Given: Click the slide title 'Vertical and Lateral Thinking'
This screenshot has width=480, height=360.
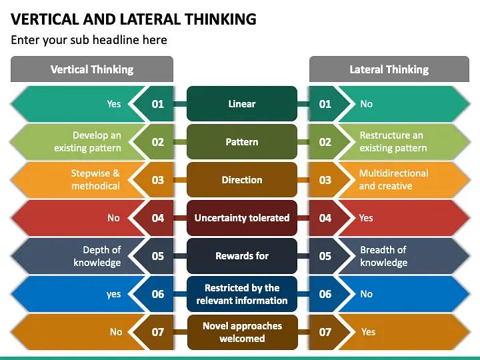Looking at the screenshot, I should [133, 19].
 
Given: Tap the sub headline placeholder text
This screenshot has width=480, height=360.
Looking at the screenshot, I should [89, 40].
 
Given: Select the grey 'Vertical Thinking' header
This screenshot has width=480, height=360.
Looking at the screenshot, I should [92, 69].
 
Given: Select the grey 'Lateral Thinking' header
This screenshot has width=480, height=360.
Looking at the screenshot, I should [389, 69].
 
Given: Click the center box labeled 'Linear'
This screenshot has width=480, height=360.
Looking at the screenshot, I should [241, 104].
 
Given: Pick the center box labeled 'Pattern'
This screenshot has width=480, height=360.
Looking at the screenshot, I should [241, 142].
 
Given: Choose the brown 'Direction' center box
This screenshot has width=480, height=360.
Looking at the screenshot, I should [241, 180].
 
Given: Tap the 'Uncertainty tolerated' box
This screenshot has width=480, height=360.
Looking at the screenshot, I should [241, 218].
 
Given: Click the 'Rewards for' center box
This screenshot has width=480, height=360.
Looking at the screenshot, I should [241, 256].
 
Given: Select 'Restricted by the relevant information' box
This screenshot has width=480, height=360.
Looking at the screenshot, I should [241, 294].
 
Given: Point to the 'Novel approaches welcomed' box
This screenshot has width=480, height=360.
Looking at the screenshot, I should [241, 332].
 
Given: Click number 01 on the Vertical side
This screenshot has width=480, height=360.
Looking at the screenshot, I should [158, 104].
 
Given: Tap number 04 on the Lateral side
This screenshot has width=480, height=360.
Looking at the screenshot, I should [325, 218].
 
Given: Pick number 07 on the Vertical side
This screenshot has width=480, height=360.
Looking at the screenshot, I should [158, 332].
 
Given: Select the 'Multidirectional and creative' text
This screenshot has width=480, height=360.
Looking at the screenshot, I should [393, 180].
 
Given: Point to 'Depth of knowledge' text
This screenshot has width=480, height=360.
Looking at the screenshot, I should [97, 256].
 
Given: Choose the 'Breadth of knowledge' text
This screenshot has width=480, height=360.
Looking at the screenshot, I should [383, 256].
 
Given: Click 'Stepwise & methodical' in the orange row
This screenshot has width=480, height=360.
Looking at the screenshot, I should [95, 180].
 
